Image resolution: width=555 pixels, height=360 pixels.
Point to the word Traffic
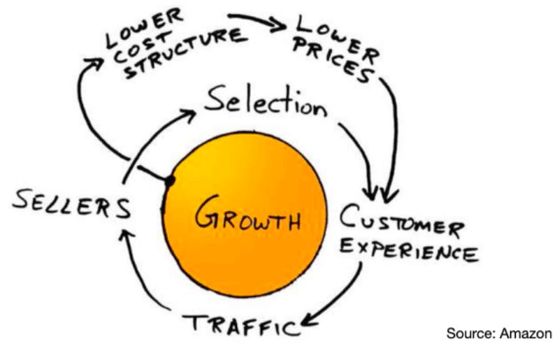point(241,324)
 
